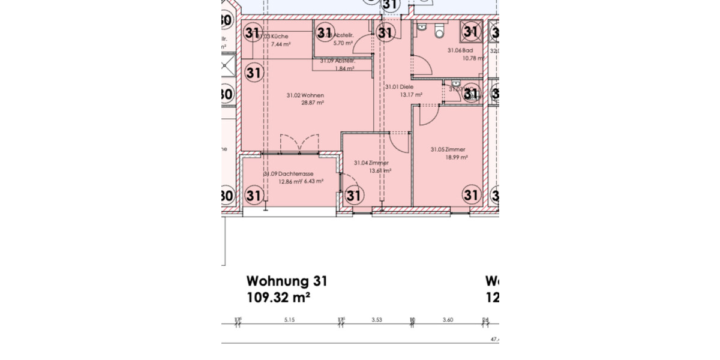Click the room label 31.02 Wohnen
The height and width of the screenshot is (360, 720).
point(305,95)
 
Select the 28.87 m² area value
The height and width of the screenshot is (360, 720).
point(312,103)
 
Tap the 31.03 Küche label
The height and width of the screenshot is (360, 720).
point(273,37)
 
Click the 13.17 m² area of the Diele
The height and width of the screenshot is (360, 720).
point(411,95)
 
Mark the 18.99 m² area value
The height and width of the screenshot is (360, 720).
point(456,157)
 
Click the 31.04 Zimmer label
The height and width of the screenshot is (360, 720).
point(371,163)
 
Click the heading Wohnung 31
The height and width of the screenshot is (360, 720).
point(287,281)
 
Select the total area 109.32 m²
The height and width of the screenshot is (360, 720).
point(278,297)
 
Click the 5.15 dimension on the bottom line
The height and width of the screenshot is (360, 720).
point(290,320)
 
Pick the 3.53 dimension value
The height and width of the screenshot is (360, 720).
point(377,320)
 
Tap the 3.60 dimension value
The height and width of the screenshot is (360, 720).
point(448,320)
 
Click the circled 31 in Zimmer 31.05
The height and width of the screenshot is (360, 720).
point(471,195)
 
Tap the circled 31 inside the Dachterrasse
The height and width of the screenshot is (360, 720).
point(254,196)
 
